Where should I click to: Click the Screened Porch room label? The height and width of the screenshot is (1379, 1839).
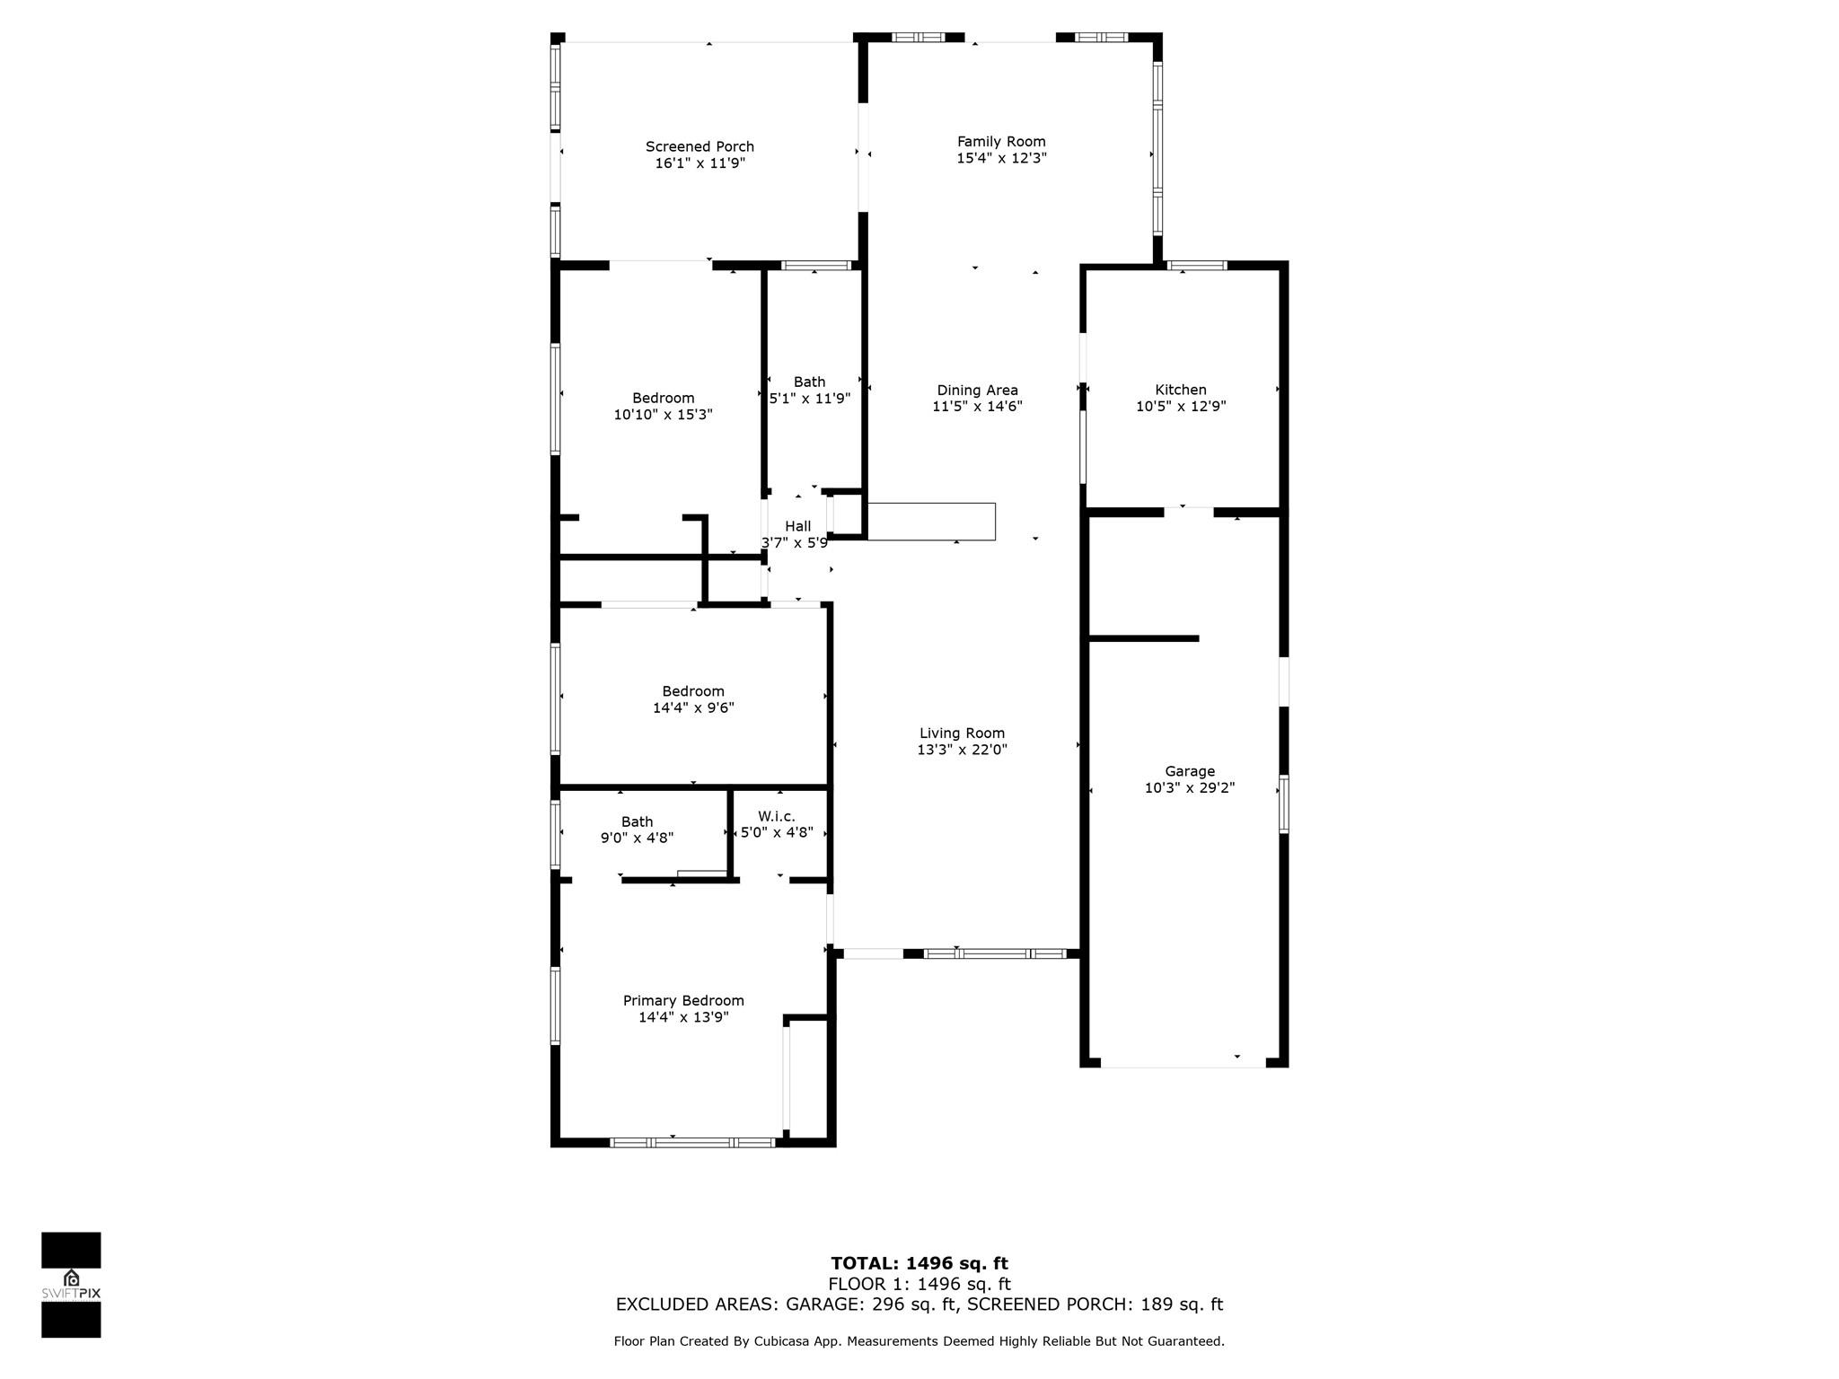click(700, 146)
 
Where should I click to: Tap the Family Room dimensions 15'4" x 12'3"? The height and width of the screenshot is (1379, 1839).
click(1001, 158)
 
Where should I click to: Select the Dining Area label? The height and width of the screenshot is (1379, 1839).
click(977, 390)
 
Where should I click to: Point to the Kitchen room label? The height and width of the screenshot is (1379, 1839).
click(1180, 390)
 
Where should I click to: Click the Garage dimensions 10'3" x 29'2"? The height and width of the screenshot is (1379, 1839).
click(1189, 787)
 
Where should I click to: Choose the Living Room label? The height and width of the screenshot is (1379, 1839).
click(962, 733)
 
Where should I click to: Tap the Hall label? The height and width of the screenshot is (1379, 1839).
click(797, 526)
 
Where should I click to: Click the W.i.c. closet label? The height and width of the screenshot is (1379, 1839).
click(776, 816)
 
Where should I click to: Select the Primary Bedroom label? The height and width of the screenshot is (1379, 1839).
click(683, 1000)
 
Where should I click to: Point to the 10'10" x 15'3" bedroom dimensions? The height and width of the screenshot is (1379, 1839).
click(663, 415)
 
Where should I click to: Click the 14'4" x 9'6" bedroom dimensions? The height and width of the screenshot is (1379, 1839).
click(693, 707)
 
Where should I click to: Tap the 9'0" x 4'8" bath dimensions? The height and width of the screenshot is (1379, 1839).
click(637, 838)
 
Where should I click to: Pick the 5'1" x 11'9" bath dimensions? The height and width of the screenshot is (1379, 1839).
click(809, 398)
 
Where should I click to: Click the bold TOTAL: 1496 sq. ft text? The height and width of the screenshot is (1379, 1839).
click(919, 1263)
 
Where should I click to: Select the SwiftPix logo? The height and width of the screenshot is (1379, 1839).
click(71, 1285)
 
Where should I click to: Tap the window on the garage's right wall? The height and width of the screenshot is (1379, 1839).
click(1284, 804)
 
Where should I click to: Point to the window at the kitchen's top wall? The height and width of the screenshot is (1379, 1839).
click(1197, 265)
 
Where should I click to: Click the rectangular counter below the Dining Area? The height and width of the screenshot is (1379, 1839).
click(931, 522)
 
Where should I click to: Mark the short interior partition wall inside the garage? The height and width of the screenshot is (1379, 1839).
click(1144, 638)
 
